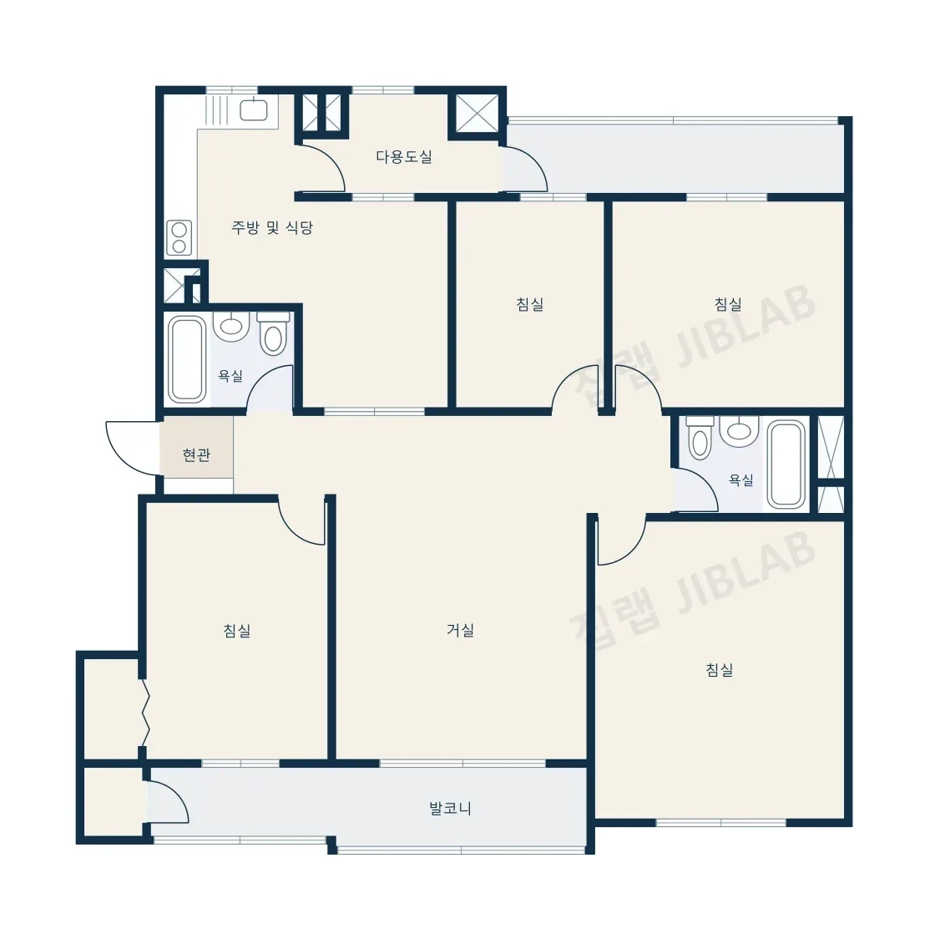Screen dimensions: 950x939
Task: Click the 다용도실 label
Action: (x=404, y=157)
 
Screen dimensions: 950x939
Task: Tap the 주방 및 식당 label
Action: (x=272, y=228)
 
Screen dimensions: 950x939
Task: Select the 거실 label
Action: (x=461, y=631)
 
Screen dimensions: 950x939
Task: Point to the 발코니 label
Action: (x=450, y=808)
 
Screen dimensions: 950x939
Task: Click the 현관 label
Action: (x=196, y=454)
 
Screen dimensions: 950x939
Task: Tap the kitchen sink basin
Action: (x=254, y=110)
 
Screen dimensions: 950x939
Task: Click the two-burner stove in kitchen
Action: (x=179, y=237)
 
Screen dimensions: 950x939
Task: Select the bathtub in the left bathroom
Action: (x=187, y=359)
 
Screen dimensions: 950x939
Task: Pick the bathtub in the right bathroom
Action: (x=786, y=464)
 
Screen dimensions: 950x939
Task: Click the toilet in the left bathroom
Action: (x=273, y=333)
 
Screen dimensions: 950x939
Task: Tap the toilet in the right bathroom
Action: (x=700, y=438)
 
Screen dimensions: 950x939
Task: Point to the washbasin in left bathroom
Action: (x=231, y=326)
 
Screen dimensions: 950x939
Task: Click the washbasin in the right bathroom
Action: (x=739, y=430)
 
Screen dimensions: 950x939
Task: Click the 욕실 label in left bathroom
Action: (x=230, y=377)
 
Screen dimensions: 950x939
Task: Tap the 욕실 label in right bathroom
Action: (x=741, y=480)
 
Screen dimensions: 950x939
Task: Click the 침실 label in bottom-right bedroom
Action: (x=720, y=670)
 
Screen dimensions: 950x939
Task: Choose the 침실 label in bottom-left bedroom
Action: (x=237, y=631)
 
